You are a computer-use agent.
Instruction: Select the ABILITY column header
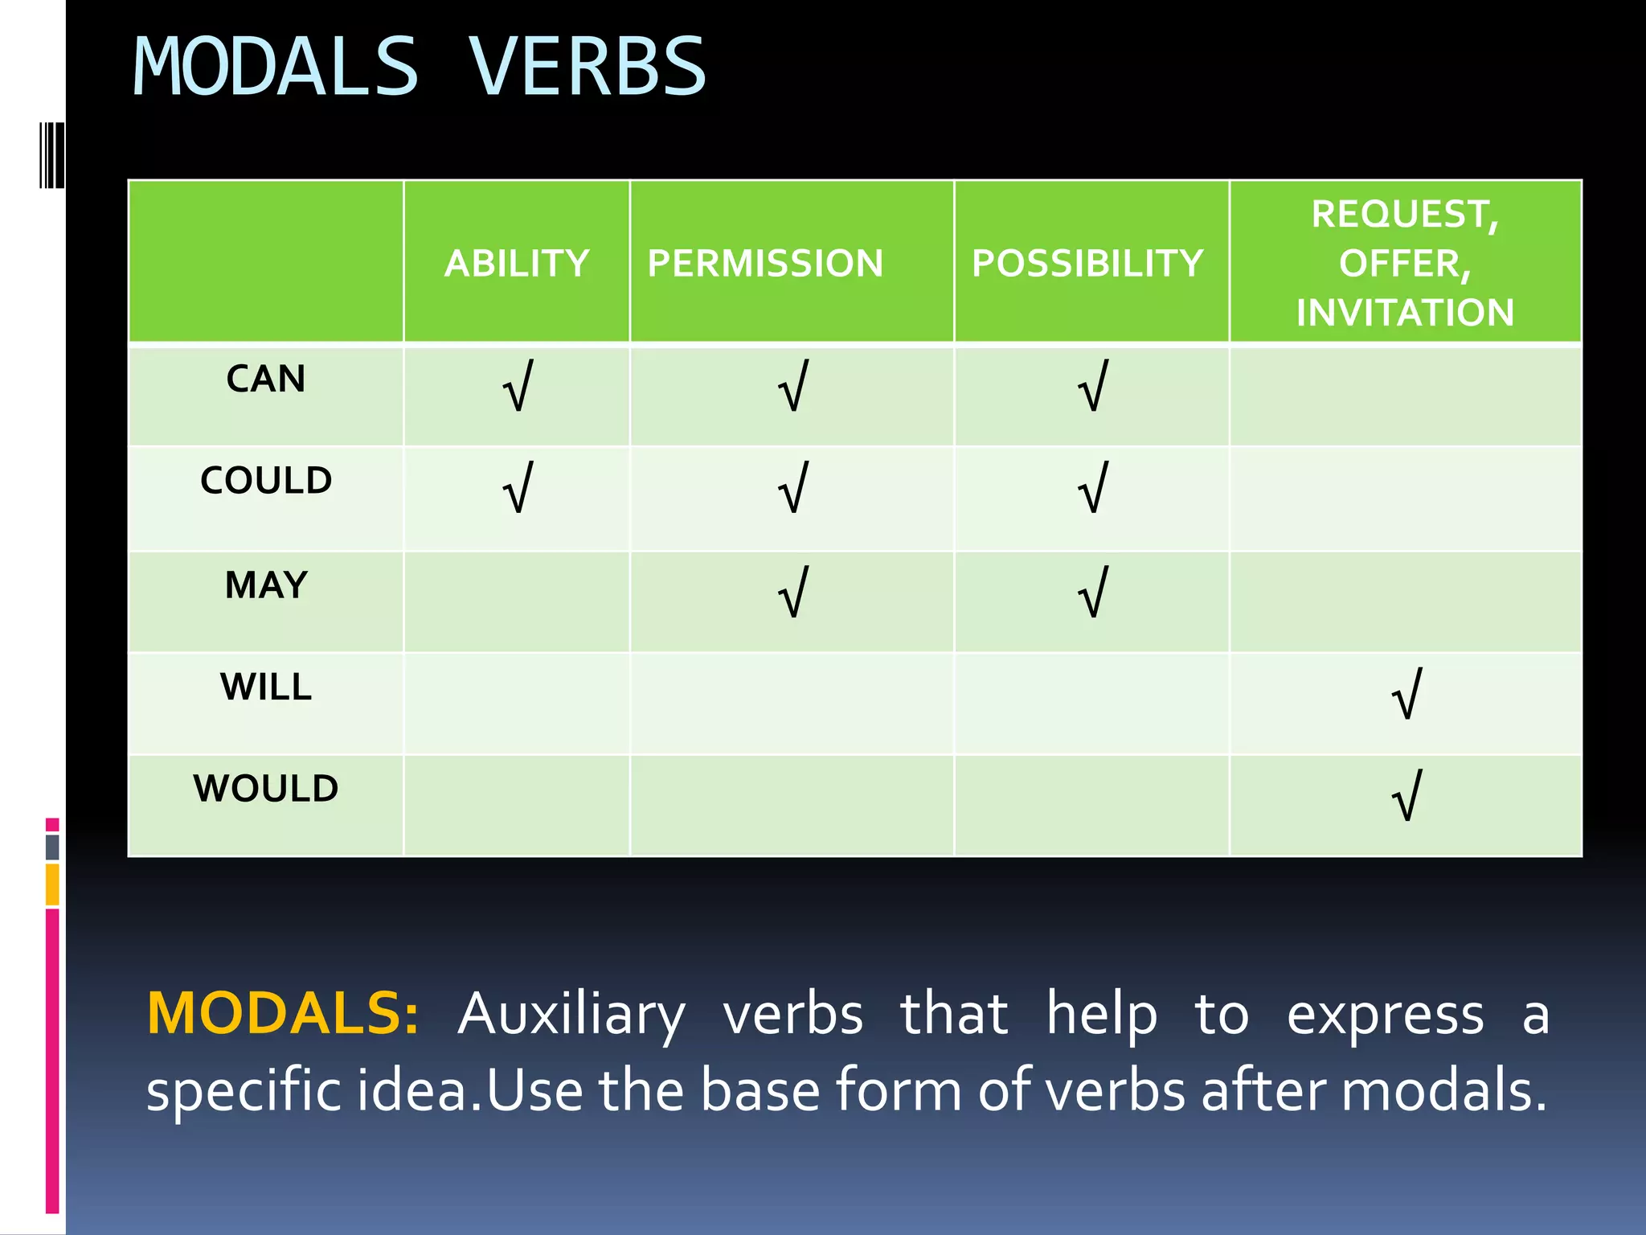point(517,263)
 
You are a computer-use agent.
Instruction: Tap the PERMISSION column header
point(765,263)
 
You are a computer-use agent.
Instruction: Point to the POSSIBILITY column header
point(1087,263)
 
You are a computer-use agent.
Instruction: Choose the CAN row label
point(266,379)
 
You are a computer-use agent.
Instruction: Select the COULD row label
point(266,480)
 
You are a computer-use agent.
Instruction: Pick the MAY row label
point(266,585)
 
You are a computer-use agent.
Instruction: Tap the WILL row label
point(266,687)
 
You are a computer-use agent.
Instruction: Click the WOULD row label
point(266,788)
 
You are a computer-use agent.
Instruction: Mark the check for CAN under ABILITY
point(518,387)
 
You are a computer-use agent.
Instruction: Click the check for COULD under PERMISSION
point(793,488)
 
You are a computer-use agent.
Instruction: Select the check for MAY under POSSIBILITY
point(1093,593)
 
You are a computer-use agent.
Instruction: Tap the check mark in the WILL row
point(1406,694)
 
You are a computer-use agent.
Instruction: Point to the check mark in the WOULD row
point(1406,796)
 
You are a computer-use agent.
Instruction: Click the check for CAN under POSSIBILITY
point(1093,387)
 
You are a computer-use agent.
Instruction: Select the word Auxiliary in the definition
point(571,1015)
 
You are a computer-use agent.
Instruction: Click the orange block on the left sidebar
point(52,884)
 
